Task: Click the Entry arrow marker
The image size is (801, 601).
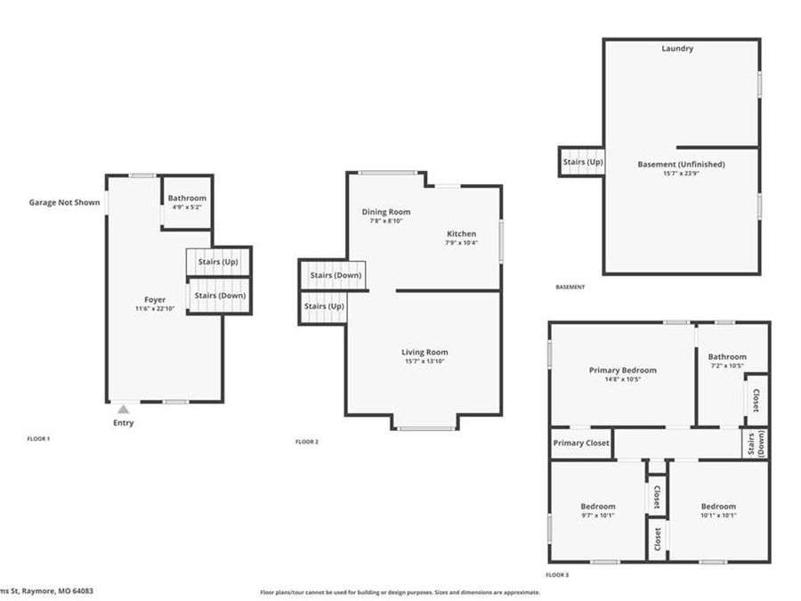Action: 124,409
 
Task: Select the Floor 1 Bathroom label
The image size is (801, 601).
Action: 189,198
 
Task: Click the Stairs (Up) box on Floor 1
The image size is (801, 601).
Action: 219,262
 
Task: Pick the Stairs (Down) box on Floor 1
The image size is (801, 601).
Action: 219,296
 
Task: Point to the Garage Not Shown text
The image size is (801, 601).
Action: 64,202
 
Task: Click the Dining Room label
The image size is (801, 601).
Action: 385,211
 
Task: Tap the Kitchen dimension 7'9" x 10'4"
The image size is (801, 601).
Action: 461,242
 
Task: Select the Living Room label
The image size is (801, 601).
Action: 424,352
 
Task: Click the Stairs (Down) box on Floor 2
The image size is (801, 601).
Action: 335,275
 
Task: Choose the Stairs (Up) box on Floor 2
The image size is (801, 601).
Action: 323,306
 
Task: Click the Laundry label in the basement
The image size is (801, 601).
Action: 676,48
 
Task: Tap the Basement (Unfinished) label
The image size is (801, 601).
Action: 681,164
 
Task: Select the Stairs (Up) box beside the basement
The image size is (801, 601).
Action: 582,162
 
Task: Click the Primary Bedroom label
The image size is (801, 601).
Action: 622,370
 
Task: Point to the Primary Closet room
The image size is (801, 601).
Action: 581,443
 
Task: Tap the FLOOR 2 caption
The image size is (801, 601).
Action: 306,442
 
